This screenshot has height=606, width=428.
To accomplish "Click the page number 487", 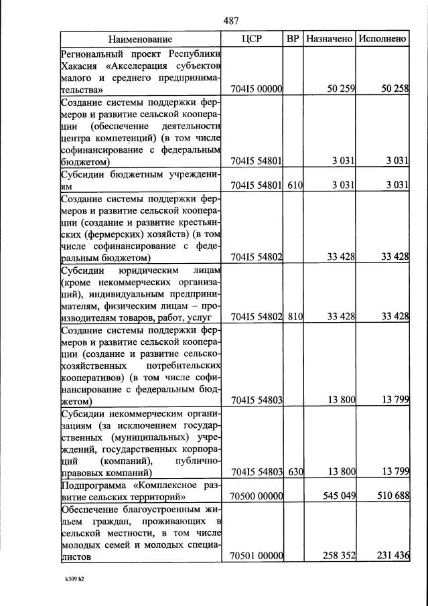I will click(231, 20).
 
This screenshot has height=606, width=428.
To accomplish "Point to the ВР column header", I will click(293, 39).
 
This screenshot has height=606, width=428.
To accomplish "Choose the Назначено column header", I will click(329, 39).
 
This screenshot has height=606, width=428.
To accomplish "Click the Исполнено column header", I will click(382, 39).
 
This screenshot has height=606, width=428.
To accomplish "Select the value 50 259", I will click(340, 88).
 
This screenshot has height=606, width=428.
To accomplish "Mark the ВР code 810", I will click(295, 316).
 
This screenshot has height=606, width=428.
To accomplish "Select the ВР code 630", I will click(295, 472).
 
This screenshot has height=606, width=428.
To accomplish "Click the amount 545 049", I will click(336, 497).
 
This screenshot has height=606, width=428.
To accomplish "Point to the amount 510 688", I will click(391, 497).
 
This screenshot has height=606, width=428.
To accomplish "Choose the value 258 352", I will click(336, 556).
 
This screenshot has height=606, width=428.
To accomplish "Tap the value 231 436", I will click(391, 556).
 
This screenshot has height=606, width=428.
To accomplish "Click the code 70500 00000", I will click(258, 497).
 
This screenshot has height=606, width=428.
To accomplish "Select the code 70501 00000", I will click(258, 556).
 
